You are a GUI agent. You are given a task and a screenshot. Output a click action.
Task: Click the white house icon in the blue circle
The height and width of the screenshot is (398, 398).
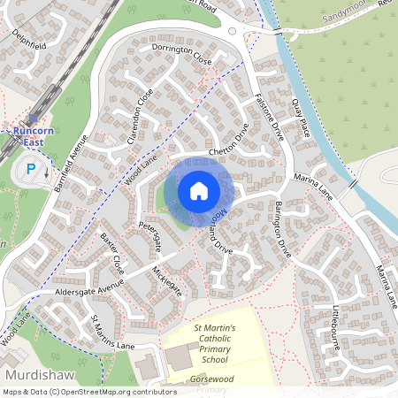coord(199,191)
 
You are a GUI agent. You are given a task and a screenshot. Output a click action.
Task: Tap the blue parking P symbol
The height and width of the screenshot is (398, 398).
coord(32,169)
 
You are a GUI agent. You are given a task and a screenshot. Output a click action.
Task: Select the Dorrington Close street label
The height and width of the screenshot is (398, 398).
coord(181,55)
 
